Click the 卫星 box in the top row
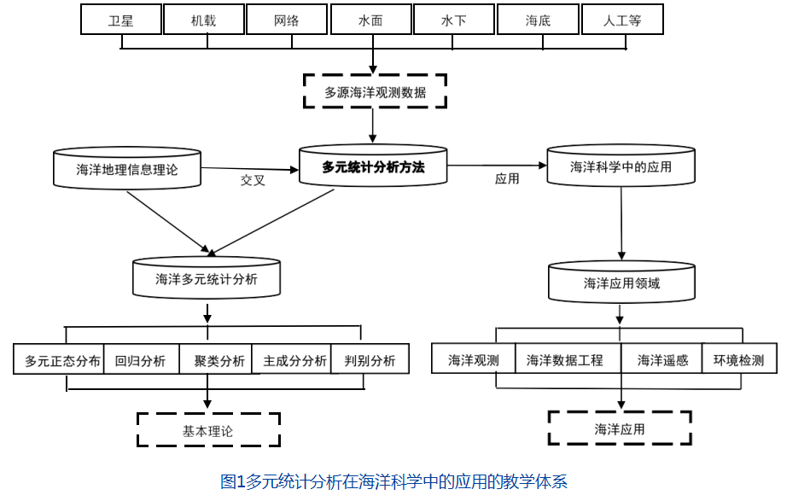(x=120, y=20)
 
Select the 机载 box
(x=203, y=20)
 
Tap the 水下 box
(x=453, y=20)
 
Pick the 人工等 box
(x=622, y=20)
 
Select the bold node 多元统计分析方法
(x=373, y=167)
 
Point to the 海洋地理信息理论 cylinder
(x=127, y=169)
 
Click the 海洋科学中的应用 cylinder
(x=621, y=167)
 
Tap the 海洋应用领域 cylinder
(x=621, y=283)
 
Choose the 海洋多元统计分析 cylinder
(x=207, y=279)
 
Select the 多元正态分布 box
(x=62, y=360)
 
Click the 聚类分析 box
(x=219, y=360)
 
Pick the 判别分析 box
(x=370, y=360)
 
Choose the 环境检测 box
(x=738, y=360)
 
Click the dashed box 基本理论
(x=207, y=431)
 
